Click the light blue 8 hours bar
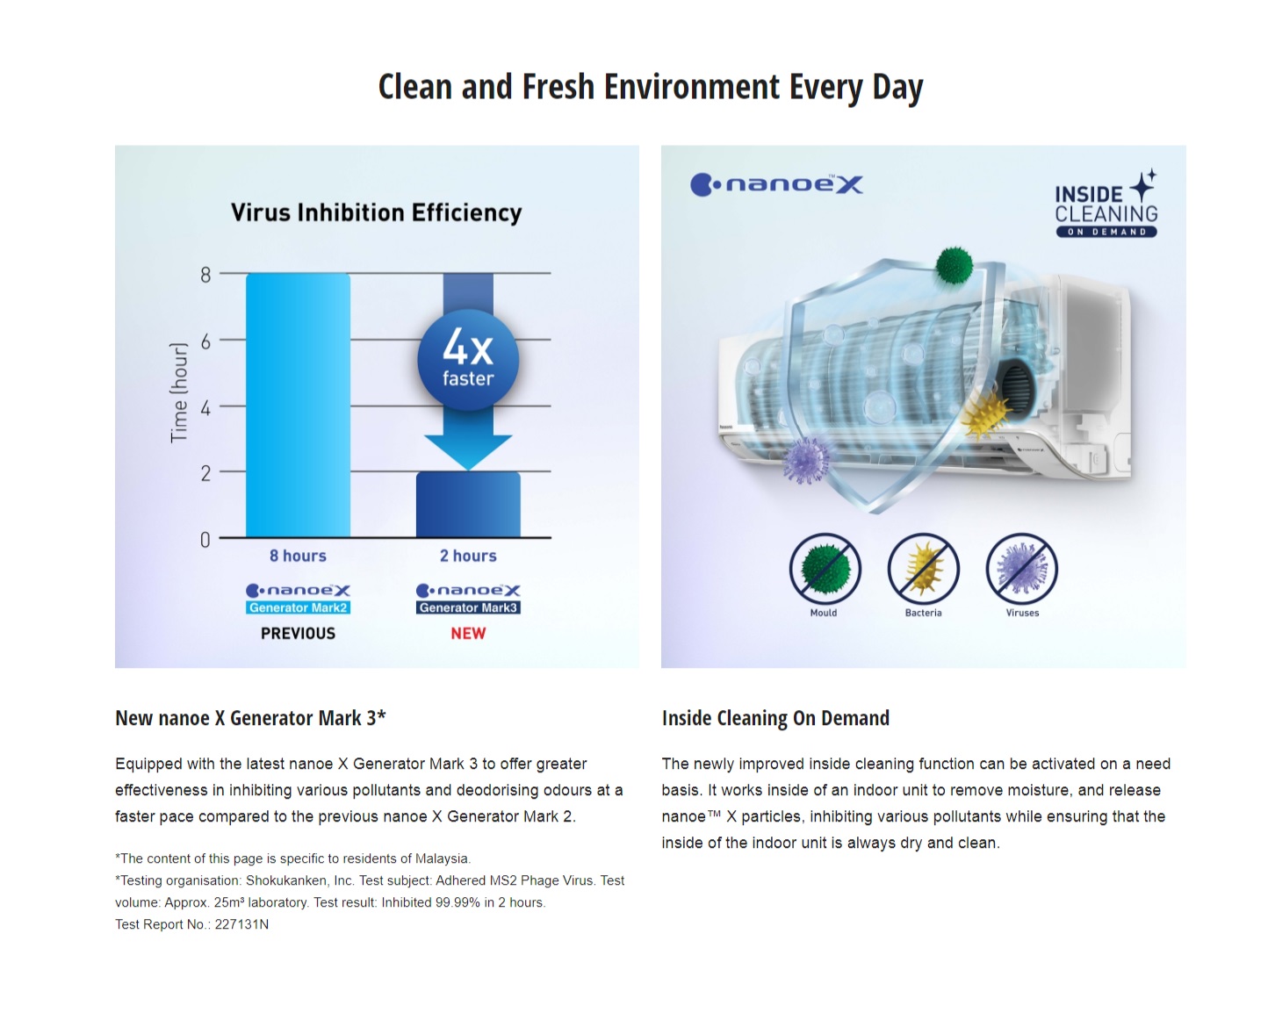(x=298, y=405)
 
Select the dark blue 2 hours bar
(x=468, y=505)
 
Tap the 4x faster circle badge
(x=468, y=360)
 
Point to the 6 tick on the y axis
(x=205, y=341)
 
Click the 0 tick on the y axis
(x=205, y=540)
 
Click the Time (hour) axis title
(x=178, y=392)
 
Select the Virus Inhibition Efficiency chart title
(x=376, y=212)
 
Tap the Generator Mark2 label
(x=298, y=607)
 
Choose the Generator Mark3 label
(x=468, y=607)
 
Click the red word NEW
(x=468, y=634)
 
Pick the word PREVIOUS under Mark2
(x=298, y=634)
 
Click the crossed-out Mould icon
(x=825, y=569)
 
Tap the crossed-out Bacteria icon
(x=923, y=569)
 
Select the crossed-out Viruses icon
(x=1021, y=569)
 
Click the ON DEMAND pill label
(x=1106, y=232)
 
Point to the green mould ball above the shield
(x=954, y=265)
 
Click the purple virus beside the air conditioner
(x=807, y=459)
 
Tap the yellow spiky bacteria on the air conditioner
(x=985, y=414)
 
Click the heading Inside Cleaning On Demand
(x=775, y=718)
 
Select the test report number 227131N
(x=241, y=924)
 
